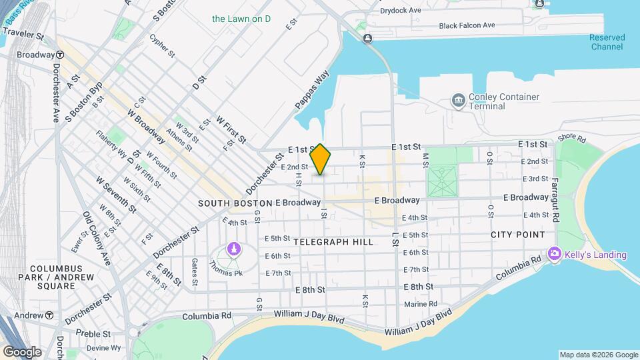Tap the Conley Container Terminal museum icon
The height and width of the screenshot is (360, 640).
pyautogui.click(x=458, y=101)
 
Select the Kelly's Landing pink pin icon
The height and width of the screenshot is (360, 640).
pyautogui.click(x=554, y=254)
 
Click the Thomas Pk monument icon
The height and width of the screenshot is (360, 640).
pyautogui.click(x=233, y=249)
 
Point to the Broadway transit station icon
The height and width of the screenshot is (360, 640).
pyautogui.click(x=60, y=55)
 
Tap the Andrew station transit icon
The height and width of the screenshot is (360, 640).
pyautogui.click(x=49, y=315)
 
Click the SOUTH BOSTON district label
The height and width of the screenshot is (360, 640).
pyautogui.click(x=235, y=203)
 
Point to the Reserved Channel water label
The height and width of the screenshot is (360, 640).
pyautogui.click(x=606, y=42)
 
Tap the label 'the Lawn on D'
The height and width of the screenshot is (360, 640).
pyautogui.click(x=241, y=19)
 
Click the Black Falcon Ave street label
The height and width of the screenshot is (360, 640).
pyautogui.click(x=467, y=25)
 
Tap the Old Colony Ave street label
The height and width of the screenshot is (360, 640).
pyautogui.click(x=95, y=239)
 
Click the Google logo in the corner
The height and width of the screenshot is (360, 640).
pyautogui.click(x=22, y=351)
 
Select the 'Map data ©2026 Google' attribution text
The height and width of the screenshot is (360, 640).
pyautogui.click(x=598, y=355)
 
